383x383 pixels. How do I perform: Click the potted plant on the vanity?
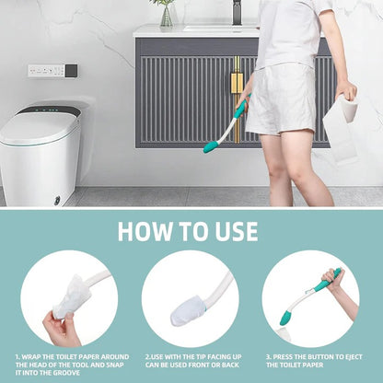166,12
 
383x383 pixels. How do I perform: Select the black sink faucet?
237,11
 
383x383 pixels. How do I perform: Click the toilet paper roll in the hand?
349,109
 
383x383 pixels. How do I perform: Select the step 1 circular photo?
69,298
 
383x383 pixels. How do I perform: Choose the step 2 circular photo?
191,298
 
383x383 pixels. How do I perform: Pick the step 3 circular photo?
310,298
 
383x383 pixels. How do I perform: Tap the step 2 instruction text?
191,362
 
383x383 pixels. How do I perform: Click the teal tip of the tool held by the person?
210,145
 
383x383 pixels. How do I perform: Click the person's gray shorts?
281,99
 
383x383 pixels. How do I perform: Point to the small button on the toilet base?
57,199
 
